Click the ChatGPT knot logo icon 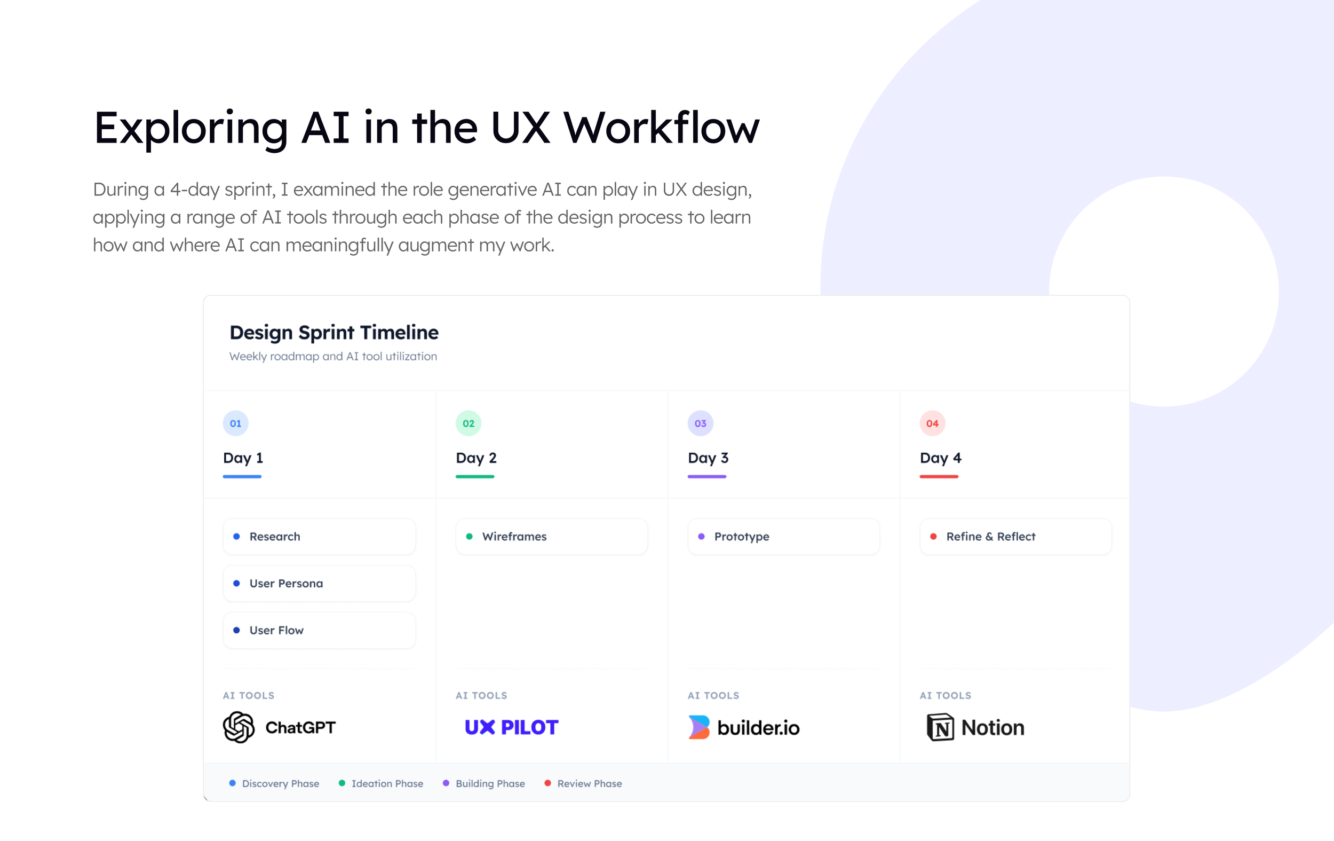(239, 727)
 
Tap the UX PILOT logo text (511, 727)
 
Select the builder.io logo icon (698, 727)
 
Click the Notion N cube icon (940, 727)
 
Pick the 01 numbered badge (235, 423)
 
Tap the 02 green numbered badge (468, 423)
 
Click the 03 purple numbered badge (700, 423)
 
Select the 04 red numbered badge (932, 423)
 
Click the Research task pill (319, 537)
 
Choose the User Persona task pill (319, 583)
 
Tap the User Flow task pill (319, 630)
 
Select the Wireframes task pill (551, 537)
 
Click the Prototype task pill (783, 537)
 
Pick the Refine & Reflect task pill (1015, 537)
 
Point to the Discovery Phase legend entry (275, 783)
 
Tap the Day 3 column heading (708, 458)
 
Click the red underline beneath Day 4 (939, 477)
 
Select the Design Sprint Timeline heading (334, 333)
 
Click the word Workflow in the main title (662, 128)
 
